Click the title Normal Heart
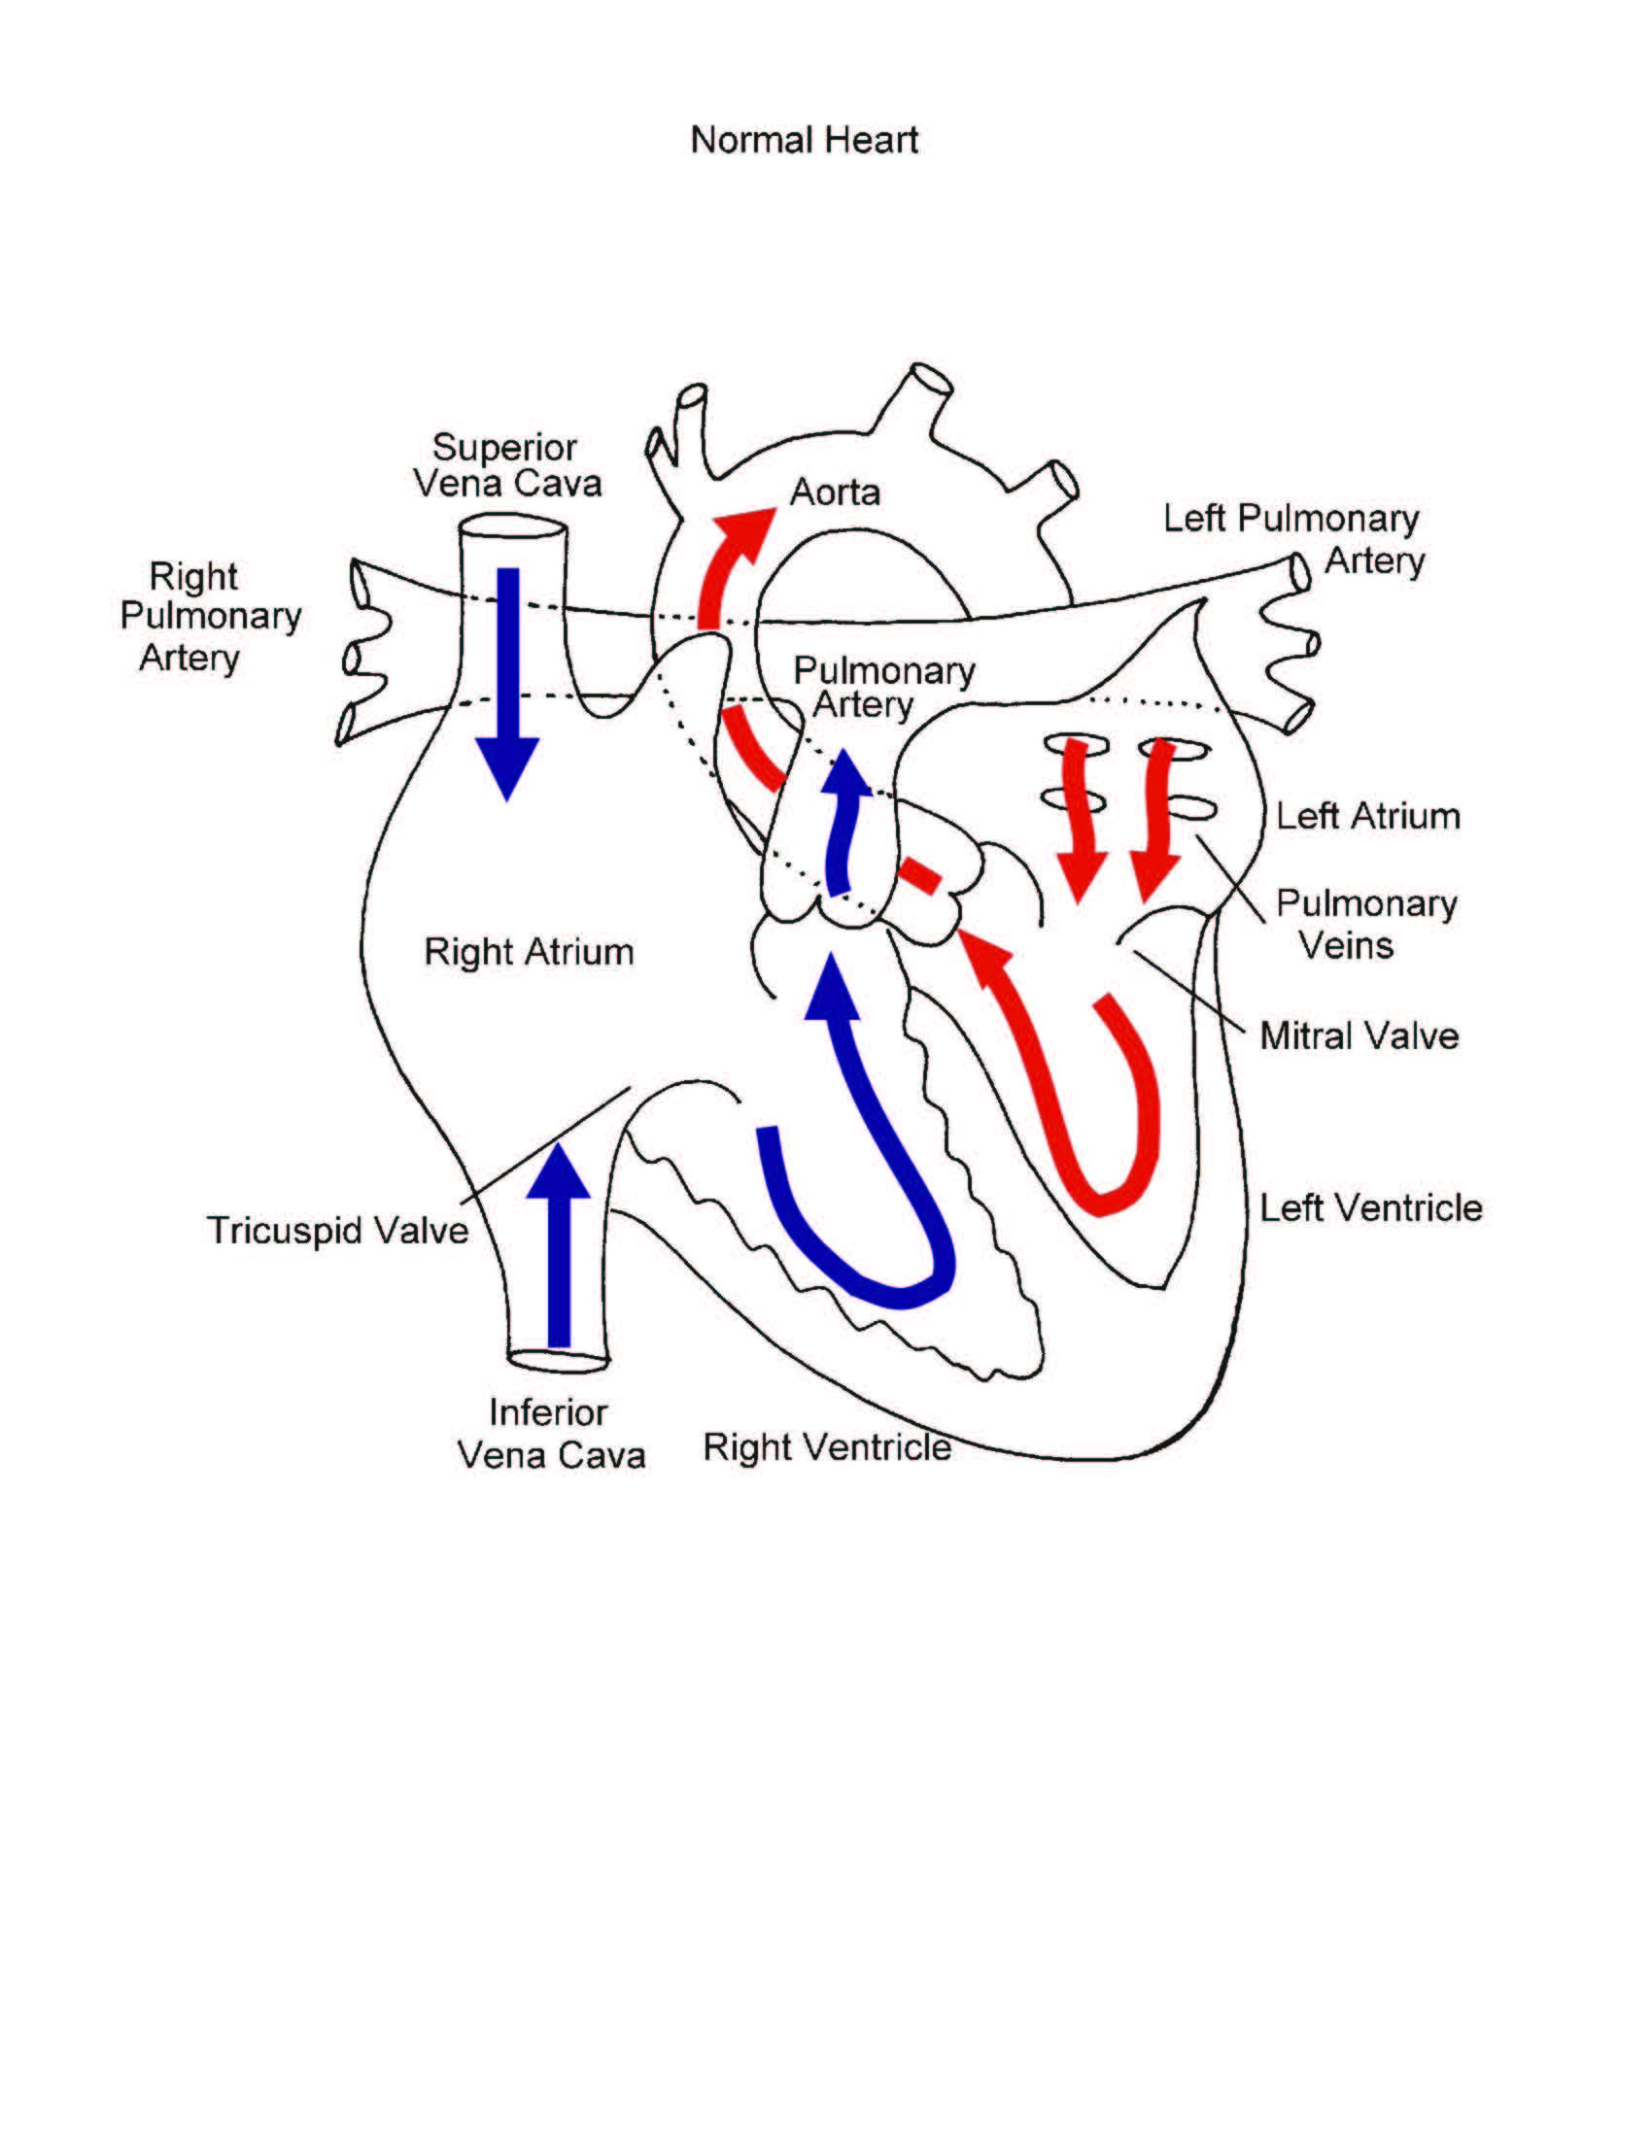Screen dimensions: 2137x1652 [804, 140]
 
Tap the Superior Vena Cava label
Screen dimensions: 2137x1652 [506, 465]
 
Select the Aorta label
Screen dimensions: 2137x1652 [835, 492]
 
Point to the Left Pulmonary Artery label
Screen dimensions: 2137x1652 [1291, 538]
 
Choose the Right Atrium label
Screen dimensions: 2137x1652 [529, 952]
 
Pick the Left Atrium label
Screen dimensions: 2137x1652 [1367, 816]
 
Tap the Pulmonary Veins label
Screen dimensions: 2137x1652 [1364, 924]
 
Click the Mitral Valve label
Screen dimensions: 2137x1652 [1359, 1036]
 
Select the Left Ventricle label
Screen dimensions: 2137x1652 [1370, 1208]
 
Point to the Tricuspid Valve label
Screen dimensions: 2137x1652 [337, 1231]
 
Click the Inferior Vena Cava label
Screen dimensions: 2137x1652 [551, 1435]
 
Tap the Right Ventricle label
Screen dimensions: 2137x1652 [827, 1447]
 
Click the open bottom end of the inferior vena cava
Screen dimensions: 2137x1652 [559, 1360]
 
